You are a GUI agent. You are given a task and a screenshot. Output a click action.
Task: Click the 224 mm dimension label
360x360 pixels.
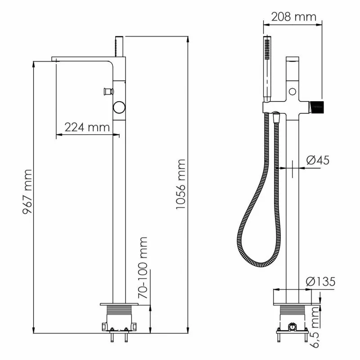87,127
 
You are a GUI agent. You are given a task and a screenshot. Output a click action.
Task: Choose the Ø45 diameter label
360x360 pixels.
318,160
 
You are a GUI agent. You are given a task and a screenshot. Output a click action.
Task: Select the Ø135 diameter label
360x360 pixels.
320,282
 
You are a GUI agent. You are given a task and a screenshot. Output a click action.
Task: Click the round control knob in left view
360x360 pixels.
119,107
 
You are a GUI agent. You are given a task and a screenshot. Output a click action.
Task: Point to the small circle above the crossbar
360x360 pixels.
293,92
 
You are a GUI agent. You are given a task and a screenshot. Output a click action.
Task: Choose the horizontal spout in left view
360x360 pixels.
81,59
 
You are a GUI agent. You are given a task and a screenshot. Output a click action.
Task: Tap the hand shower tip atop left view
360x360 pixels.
120,45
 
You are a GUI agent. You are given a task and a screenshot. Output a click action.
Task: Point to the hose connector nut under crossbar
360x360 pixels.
276,117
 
